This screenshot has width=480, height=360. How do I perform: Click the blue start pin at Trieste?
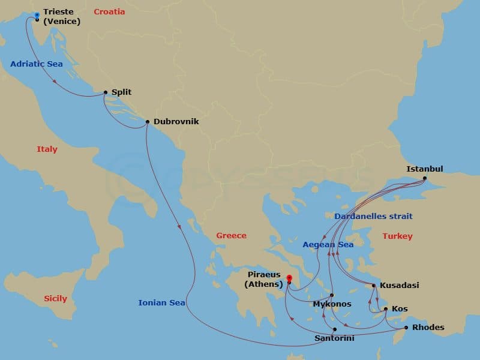pos(37,15)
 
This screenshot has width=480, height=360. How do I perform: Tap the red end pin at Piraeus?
pos(289,278)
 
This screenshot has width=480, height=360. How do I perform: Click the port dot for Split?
pos(106,92)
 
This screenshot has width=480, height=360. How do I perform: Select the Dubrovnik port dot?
pos(148,122)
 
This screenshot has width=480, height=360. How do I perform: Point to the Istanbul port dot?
pos(425,178)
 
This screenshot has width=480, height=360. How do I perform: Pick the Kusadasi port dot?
pos(374,286)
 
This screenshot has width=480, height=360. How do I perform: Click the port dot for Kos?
pos(386,309)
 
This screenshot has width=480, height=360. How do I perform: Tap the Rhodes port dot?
pos(406,328)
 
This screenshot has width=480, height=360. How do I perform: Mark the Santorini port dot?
pos(334,329)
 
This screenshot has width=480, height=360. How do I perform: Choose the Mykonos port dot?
pos(332,295)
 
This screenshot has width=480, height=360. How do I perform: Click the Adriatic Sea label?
pos(36,64)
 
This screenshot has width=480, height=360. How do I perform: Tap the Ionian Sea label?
pos(161,303)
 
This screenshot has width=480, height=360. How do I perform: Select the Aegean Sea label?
pos(328,244)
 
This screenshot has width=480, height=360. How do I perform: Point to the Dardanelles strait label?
pos(373,216)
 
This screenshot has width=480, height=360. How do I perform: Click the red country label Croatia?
pos(109,11)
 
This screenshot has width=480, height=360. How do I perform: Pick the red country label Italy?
pos(47,149)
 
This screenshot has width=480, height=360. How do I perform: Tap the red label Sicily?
pos(55,298)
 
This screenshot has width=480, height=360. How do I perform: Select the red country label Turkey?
pos(397,236)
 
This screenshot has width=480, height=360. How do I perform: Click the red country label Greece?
pos(231,235)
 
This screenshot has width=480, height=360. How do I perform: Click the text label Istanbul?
pos(424,169)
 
